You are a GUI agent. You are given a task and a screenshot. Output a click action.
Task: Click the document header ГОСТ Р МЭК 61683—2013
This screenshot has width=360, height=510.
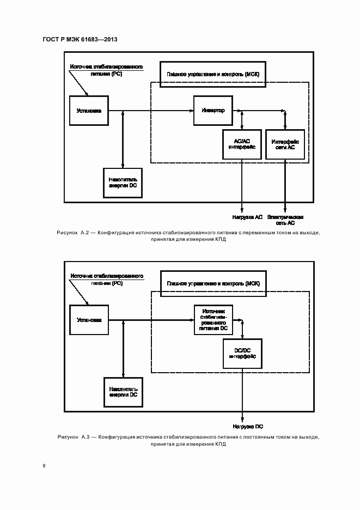80,40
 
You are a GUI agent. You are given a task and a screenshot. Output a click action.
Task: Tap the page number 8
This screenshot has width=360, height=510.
44,465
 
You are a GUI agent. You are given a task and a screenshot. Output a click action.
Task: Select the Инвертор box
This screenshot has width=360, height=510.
213,110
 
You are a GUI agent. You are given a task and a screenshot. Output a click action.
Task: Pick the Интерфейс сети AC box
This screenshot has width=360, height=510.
284,144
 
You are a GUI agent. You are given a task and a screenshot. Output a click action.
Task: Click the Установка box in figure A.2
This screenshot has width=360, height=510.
88,110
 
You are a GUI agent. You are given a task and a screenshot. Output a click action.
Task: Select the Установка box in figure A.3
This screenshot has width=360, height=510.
88,319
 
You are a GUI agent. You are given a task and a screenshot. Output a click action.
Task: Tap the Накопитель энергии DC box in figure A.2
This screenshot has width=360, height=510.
123,183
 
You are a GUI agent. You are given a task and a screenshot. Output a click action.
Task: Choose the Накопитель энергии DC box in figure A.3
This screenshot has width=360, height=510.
123,392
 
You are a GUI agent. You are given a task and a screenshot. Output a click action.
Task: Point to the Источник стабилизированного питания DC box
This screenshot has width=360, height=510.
213,319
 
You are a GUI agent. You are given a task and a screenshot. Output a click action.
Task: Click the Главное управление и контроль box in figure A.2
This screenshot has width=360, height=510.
213,74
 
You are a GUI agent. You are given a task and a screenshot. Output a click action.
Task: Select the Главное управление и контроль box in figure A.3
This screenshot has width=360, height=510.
213,283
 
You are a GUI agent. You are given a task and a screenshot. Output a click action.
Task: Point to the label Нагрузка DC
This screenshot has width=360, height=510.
248,427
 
